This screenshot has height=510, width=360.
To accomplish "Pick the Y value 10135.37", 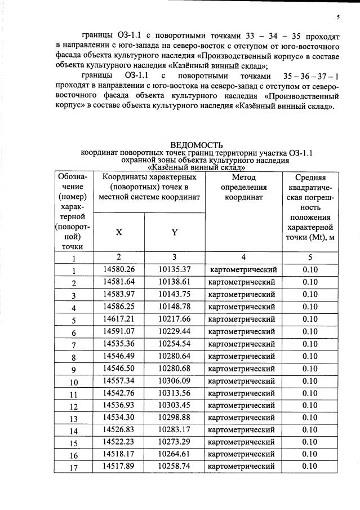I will pos(175,270).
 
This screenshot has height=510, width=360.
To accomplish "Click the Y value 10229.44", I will pos(175,331).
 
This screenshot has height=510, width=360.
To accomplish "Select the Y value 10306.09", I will pos(175,381).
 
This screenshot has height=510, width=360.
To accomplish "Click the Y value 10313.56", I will pos(175,393).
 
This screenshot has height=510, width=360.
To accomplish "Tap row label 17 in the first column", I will pos(73,468).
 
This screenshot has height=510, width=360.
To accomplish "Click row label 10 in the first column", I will pos(73,382).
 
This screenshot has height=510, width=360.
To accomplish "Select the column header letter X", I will pos(119,232).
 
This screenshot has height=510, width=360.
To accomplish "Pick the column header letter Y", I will pos(175,232).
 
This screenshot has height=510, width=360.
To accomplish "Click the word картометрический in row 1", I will pos(242,270).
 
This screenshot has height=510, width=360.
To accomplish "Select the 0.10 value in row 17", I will pos(310,467).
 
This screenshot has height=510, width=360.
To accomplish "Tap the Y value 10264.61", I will pos(175,454).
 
